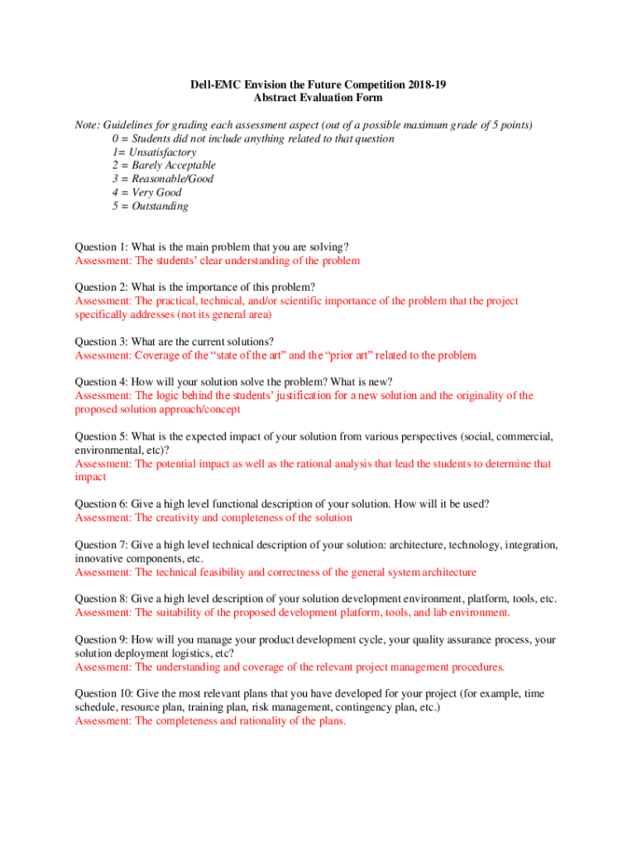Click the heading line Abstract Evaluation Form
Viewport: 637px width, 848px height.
point(318,98)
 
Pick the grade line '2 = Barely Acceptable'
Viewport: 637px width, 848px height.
point(163,166)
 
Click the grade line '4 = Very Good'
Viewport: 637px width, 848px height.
point(146,193)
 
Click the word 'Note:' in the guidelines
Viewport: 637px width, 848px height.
point(87,125)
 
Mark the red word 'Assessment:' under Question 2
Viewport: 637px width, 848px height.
point(103,301)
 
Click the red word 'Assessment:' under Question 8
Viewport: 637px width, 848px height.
point(103,613)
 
